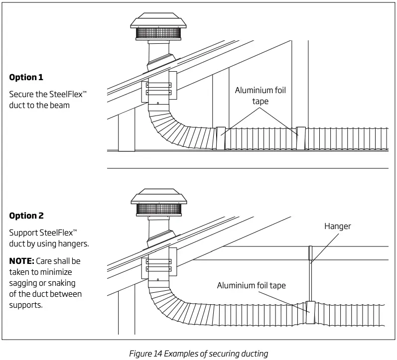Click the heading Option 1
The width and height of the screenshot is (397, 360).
(x=26, y=77)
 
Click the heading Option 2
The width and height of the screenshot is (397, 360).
(x=26, y=216)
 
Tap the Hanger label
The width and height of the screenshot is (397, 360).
(x=338, y=226)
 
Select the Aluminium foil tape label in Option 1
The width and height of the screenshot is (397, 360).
(x=262, y=96)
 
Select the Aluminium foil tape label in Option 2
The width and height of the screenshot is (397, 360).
(x=251, y=285)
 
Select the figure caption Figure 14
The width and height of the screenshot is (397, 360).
(x=199, y=354)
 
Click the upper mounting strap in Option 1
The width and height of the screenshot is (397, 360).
(x=158, y=86)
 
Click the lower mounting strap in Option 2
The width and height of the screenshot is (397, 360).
(x=158, y=269)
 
